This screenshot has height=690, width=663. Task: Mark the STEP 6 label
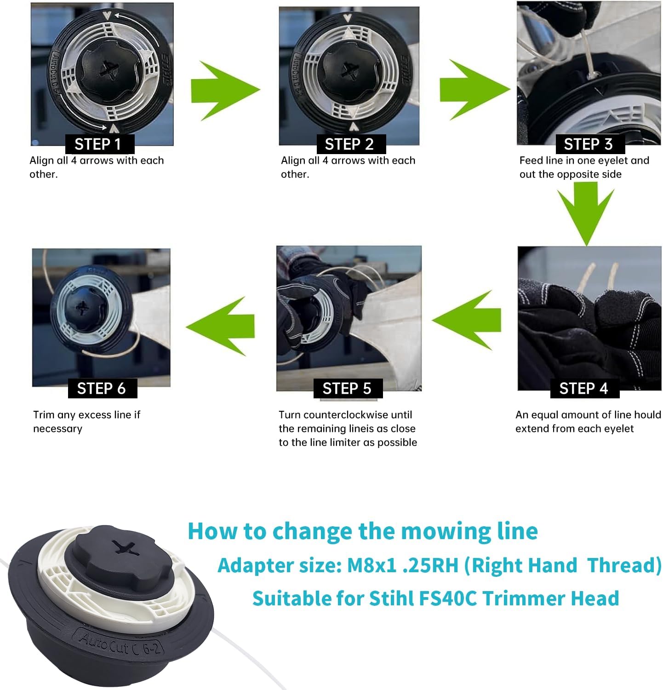click(102, 388)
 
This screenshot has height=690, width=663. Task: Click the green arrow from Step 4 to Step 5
click(467, 320)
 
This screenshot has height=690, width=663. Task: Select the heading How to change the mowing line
click(363, 530)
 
